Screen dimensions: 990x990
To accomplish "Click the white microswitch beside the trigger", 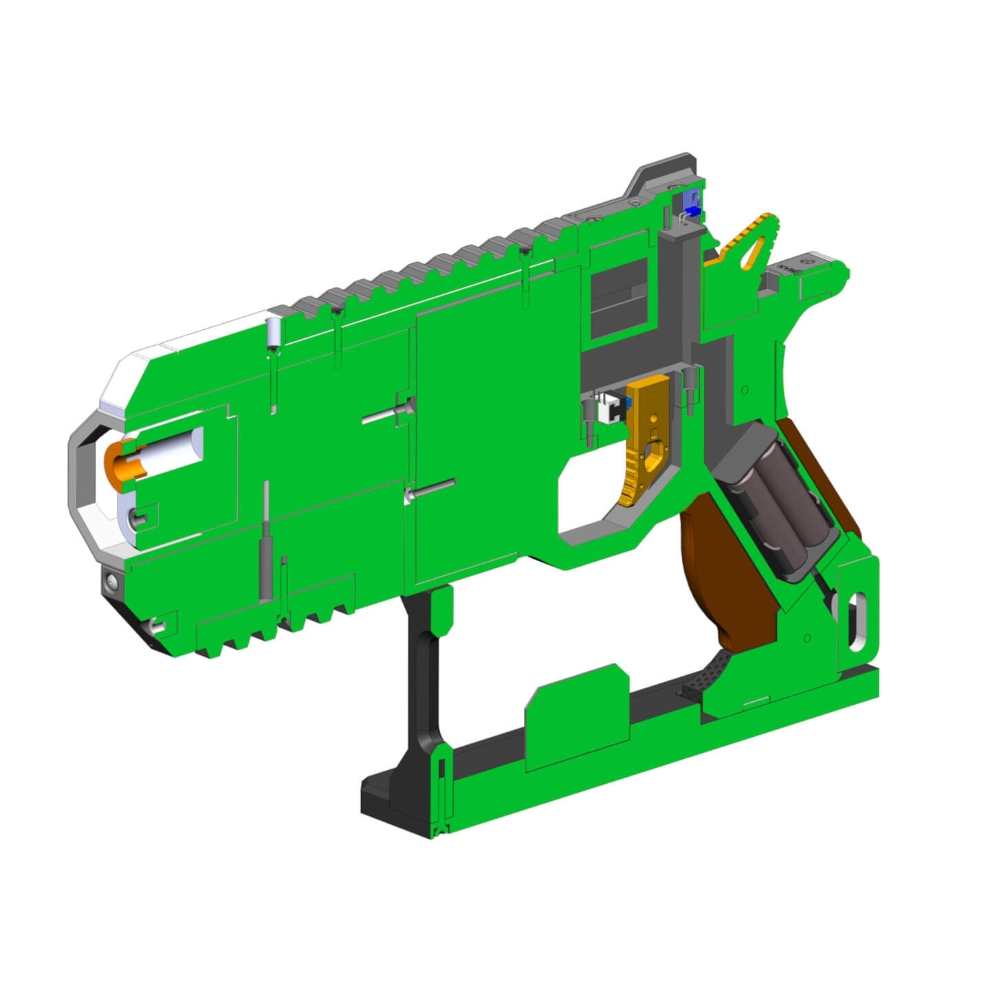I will [x=608, y=411].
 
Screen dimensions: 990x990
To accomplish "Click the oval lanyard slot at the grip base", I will [x=858, y=622].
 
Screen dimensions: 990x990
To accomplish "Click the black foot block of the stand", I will [x=392, y=801].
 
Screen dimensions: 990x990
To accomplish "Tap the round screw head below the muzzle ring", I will [x=111, y=584].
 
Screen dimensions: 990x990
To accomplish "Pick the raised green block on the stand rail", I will [x=577, y=718].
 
